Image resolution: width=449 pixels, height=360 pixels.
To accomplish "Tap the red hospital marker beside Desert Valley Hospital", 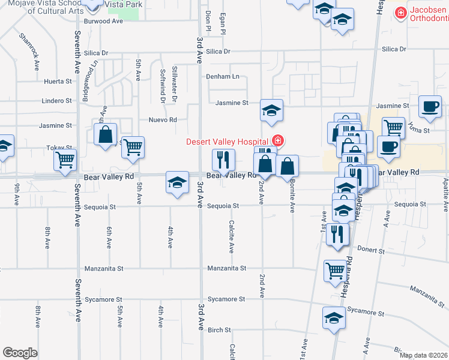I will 277,142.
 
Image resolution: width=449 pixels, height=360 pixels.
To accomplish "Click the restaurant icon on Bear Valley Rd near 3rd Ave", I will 223,160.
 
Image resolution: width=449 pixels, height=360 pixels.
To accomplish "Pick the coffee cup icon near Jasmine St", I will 429,106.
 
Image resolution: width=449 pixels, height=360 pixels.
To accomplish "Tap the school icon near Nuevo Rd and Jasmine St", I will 271,110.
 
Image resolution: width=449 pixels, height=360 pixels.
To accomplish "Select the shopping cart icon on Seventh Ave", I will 65,160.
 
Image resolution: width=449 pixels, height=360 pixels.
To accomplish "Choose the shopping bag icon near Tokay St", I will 106,135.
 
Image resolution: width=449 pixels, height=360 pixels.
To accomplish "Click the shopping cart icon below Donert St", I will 335,270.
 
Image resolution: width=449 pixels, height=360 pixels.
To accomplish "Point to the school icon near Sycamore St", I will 334,317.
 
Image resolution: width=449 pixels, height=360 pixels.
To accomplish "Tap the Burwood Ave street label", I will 103,21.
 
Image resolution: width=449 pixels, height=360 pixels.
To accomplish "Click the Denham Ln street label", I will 223,77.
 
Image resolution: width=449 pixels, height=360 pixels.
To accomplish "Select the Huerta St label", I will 58,81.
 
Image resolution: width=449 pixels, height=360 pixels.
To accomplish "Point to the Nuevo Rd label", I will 163,119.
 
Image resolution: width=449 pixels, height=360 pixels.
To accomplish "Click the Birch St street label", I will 219,330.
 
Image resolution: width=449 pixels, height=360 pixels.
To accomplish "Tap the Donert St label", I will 370,248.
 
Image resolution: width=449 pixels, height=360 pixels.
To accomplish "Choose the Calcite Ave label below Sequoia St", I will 231,235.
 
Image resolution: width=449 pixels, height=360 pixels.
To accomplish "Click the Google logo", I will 20,353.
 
